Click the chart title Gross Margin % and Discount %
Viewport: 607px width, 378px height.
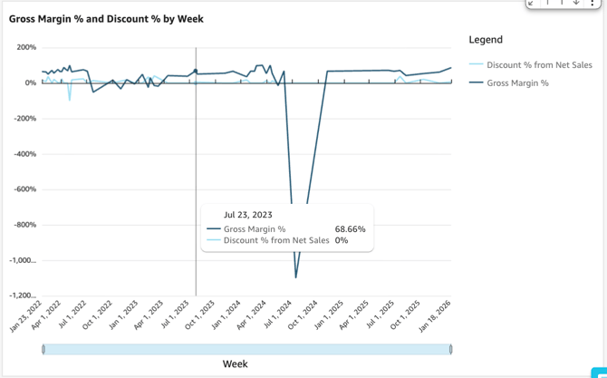click(x=106, y=18)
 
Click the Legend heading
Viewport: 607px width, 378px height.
click(x=486, y=40)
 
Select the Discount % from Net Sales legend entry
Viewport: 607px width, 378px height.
click(x=539, y=65)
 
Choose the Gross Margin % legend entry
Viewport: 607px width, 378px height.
click(x=517, y=83)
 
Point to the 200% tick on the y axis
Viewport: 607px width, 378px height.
click(x=25, y=47)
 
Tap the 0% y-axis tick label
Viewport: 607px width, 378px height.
click(x=30, y=83)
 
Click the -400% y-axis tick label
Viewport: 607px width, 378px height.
click(x=24, y=154)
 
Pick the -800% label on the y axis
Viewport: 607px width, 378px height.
click(x=24, y=225)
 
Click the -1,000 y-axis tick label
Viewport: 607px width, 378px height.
click(x=22, y=260)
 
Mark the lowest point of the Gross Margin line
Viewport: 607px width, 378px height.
click(x=296, y=277)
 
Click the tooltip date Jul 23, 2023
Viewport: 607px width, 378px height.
click(x=248, y=215)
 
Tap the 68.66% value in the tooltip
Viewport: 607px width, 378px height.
click(x=350, y=229)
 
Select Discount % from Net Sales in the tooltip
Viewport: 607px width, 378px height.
click(x=276, y=241)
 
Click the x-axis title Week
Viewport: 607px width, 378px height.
click(x=236, y=364)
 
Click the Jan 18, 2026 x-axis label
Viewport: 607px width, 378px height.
click(x=436, y=317)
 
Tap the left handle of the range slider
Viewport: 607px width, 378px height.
click(x=43, y=349)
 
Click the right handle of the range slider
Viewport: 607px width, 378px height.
click(x=450, y=349)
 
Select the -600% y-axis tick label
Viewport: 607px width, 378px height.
click(x=24, y=189)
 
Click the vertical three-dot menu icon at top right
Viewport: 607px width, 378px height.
click(x=593, y=4)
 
